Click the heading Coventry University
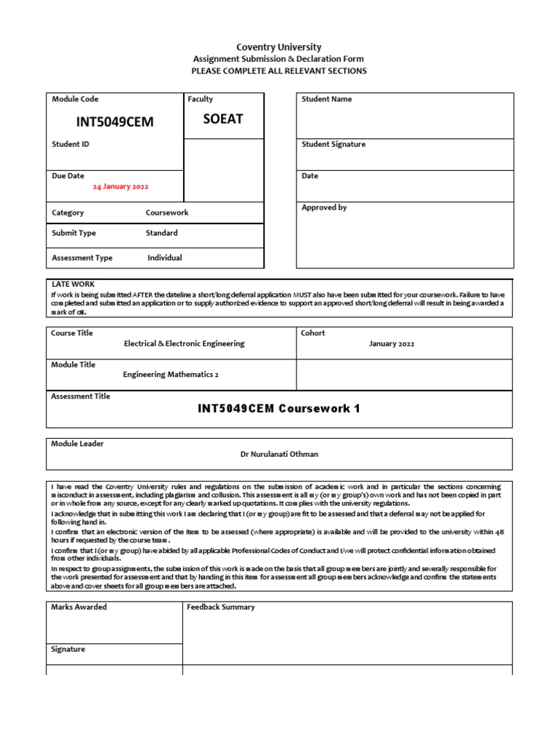pyautogui.click(x=278, y=47)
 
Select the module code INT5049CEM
pyautogui.click(x=115, y=121)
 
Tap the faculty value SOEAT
pyautogui.click(x=222, y=119)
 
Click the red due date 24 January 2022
pyautogui.click(x=121, y=187)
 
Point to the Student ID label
pyautogui.click(x=70, y=145)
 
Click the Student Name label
pyautogui.click(x=326, y=99)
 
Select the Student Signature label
pyautogui.click(x=333, y=145)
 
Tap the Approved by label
pyautogui.click(x=324, y=207)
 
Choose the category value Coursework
pyautogui.click(x=167, y=213)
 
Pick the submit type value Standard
pyautogui.click(x=161, y=234)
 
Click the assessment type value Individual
pyautogui.click(x=164, y=258)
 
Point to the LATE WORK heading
pyautogui.click(x=73, y=284)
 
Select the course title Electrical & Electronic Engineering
pyautogui.click(x=185, y=343)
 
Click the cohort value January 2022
pyautogui.click(x=392, y=344)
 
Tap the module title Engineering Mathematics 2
pyautogui.click(x=171, y=375)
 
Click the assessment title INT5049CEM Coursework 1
pyautogui.click(x=279, y=409)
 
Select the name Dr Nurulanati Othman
pyautogui.click(x=279, y=454)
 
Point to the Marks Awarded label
pyautogui.click(x=78, y=607)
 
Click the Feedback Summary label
pyautogui.click(x=221, y=607)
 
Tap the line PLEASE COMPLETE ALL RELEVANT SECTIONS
pyautogui.click(x=278, y=71)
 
